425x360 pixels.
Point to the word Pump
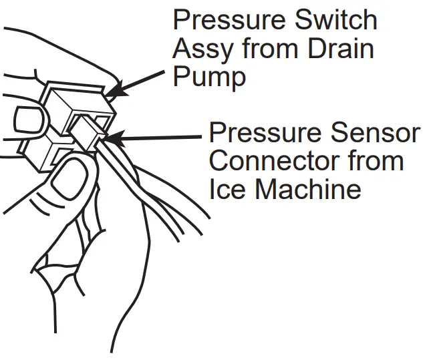coord(209,77)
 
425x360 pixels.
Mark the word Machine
coord(307,190)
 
